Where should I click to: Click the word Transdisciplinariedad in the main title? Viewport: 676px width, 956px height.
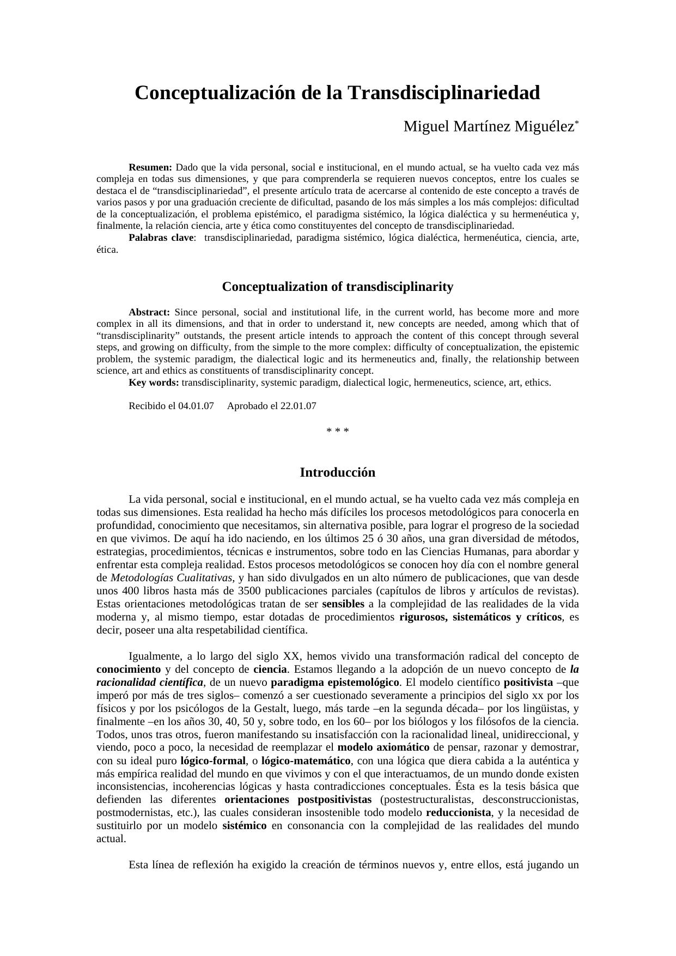pyautogui.click(x=443, y=93)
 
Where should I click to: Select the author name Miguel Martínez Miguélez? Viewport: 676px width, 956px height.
pyautogui.click(x=489, y=126)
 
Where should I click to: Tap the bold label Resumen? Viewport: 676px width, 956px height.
pyautogui.click(x=150, y=167)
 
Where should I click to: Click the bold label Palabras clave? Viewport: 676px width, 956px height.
pyautogui.click(x=161, y=238)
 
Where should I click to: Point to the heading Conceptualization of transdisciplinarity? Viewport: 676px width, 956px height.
pyautogui.click(x=338, y=287)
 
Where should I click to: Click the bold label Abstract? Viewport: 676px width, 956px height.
pyautogui.click(x=149, y=312)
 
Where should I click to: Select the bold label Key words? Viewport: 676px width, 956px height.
pyautogui.click(x=154, y=382)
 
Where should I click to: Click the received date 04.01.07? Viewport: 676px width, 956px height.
pyautogui.click(x=196, y=406)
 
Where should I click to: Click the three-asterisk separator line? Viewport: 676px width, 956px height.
pyautogui.click(x=338, y=431)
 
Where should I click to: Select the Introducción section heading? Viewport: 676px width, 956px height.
pyautogui.click(x=338, y=472)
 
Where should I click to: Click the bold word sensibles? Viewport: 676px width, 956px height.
pyautogui.click(x=343, y=604)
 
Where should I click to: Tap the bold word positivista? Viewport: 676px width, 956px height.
pyautogui.click(x=528, y=683)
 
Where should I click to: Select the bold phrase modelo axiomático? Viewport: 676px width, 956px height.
pyautogui.click(x=383, y=747)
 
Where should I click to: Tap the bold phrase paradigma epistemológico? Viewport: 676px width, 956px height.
pyautogui.click(x=335, y=683)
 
